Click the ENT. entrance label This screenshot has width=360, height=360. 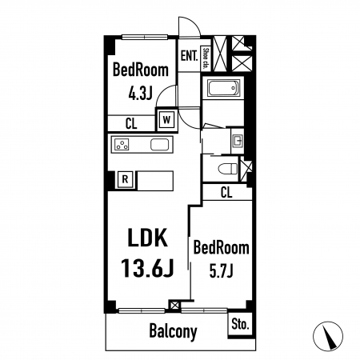[189, 56]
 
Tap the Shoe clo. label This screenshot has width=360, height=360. [206, 58]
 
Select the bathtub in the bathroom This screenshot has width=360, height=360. [222, 88]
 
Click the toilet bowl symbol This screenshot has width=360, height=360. [228, 169]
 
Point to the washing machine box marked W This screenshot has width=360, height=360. [166, 120]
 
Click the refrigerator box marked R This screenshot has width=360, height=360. [125, 179]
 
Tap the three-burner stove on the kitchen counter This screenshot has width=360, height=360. [122, 145]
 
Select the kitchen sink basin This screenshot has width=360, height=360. [159, 145]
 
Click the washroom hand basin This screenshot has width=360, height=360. [237, 140]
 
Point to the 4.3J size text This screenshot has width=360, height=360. [140, 94]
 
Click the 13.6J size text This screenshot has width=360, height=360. [147, 268]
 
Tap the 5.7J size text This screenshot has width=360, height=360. [221, 271]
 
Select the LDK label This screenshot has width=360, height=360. [148, 238]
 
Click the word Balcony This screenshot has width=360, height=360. [173, 331]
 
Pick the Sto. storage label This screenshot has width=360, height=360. [240, 324]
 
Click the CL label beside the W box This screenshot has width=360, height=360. [131, 123]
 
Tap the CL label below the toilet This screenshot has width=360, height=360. [226, 192]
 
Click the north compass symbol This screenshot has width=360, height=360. [328, 336]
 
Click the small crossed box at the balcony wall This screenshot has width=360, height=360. [174, 305]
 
